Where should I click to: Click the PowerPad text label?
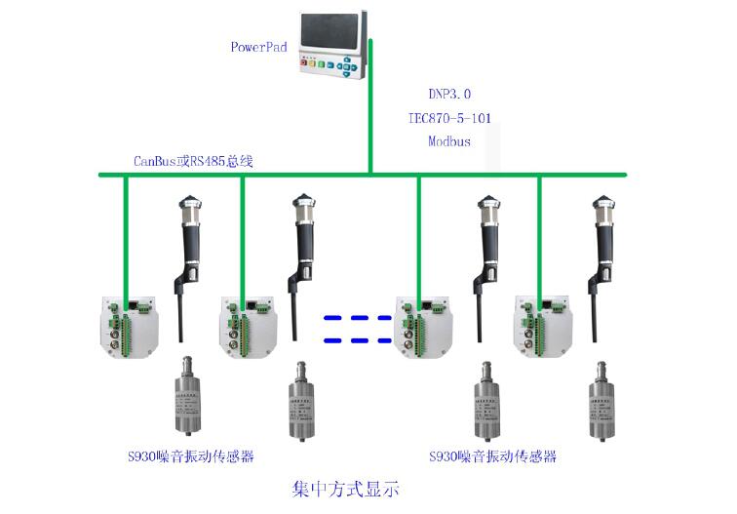pos(258,46)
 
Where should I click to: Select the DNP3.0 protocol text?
pos(449,95)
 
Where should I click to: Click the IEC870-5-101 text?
pos(449,118)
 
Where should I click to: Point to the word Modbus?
pos(449,141)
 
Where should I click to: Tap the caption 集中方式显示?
pos(346,488)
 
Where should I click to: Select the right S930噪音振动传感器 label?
pos(492,455)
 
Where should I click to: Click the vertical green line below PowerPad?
pos(370,127)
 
